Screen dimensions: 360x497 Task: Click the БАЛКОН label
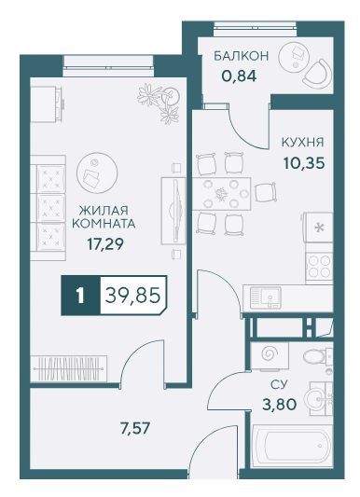pyautogui.click(x=241, y=56)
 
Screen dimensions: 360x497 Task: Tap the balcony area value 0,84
pyautogui.click(x=239, y=76)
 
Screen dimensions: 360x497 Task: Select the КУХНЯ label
pyautogui.click(x=302, y=143)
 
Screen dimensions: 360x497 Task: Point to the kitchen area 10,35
pyautogui.click(x=304, y=163)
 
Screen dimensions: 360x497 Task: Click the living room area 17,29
pyautogui.click(x=105, y=244)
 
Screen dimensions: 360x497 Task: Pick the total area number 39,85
pyautogui.click(x=132, y=296)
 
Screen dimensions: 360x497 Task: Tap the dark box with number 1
pyautogui.click(x=80, y=296)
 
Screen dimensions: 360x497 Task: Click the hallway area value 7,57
pyautogui.click(x=135, y=429)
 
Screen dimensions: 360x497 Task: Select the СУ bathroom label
pyautogui.click(x=279, y=385)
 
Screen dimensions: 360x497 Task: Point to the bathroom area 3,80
pyautogui.click(x=279, y=405)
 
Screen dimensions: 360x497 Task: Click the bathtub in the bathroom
pyautogui.click(x=292, y=447)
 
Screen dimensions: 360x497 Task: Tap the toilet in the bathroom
pyautogui.click(x=317, y=356)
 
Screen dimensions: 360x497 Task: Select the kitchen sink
pyautogui.click(x=266, y=297)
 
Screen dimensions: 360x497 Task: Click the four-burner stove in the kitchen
pyautogui.click(x=319, y=267)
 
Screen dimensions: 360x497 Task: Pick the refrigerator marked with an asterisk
pyautogui.click(x=318, y=228)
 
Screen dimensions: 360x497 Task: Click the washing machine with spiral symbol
pyautogui.click(x=270, y=356)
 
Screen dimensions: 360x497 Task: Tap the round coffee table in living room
pyautogui.click(x=97, y=173)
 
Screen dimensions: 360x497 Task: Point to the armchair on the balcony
pyautogui.click(x=318, y=74)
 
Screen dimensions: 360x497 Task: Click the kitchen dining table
pyautogui.click(x=222, y=194)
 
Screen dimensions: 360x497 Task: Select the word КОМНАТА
pyautogui.click(x=104, y=224)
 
